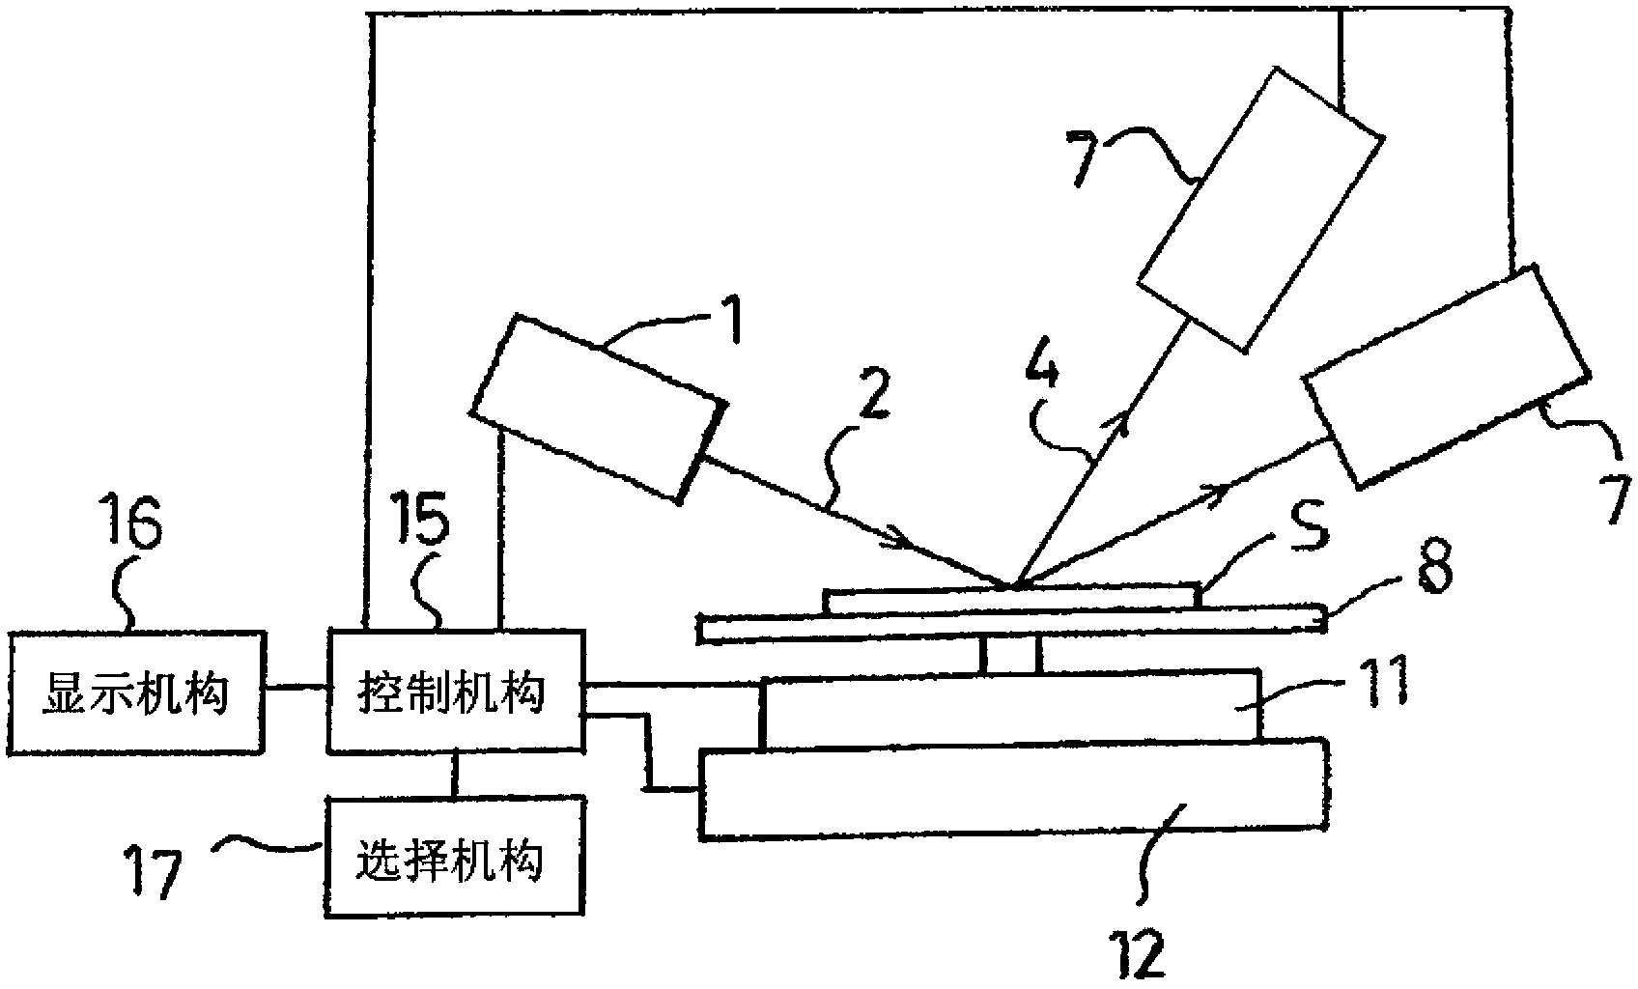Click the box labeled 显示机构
coord(135,691)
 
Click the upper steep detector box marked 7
coord(1260,208)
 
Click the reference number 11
coord(1380,683)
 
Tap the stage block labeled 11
coord(1009,710)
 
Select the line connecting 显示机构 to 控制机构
coord(297,688)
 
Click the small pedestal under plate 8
coord(1009,655)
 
